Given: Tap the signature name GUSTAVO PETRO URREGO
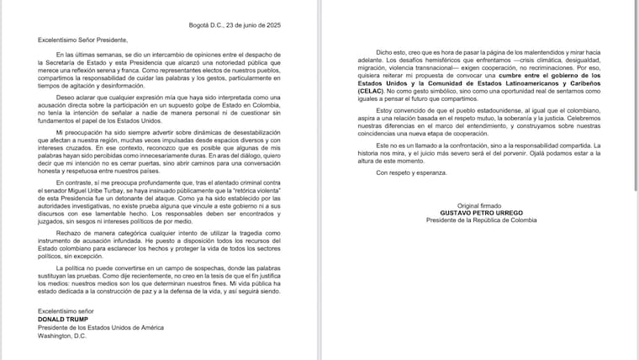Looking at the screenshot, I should [x=474, y=212].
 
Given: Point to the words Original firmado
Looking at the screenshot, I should [x=474, y=204].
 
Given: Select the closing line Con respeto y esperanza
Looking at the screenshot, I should [x=410, y=173].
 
